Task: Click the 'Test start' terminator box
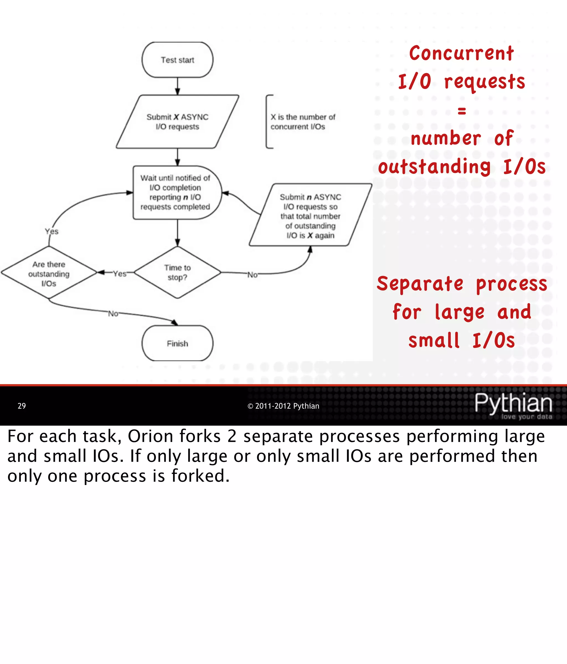pos(177,60)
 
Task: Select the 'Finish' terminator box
pos(177,343)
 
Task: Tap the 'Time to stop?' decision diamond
pos(177,272)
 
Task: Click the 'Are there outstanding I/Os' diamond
pos(49,273)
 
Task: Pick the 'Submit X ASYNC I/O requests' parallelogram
pos(177,122)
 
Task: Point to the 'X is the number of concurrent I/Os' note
pos(302,122)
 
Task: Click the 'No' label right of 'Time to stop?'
pos(252,275)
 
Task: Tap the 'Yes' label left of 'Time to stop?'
pos(119,274)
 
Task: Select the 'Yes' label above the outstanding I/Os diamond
pos(51,231)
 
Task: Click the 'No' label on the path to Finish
pos(113,313)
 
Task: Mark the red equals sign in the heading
pos(461,111)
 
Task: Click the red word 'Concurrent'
pos(461,53)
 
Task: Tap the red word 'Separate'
pos(420,284)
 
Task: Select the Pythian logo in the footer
pos(513,405)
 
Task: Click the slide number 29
pos(22,406)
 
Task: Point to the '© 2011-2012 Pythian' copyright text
pos(283,406)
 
